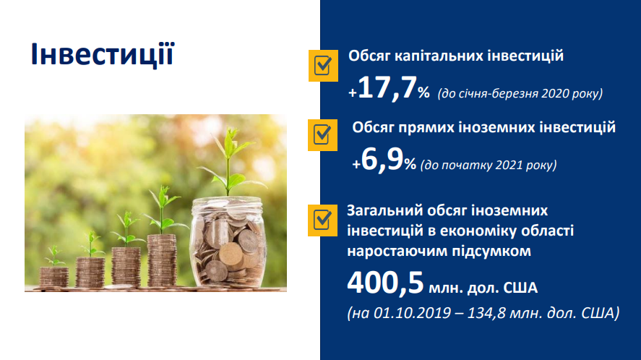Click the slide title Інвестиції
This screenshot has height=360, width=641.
coord(103,53)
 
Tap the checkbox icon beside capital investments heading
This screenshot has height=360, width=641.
coord(323,66)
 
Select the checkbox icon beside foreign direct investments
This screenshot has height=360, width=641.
coord(322,135)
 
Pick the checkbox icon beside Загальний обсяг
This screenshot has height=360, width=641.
coord(322,220)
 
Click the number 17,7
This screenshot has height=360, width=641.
coord(387,87)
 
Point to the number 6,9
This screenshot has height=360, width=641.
coord(382,160)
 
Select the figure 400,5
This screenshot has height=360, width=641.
coord(385,283)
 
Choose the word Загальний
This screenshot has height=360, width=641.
coord(384,210)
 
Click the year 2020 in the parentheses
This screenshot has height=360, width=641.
coord(555,93)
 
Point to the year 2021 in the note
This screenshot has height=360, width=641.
coord(509,165)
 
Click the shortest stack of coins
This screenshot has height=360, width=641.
coord(54,278)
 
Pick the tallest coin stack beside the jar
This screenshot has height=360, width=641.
coord(162,260)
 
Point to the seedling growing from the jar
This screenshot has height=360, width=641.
coord(229,163)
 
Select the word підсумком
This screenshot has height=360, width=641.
coord(491,251)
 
